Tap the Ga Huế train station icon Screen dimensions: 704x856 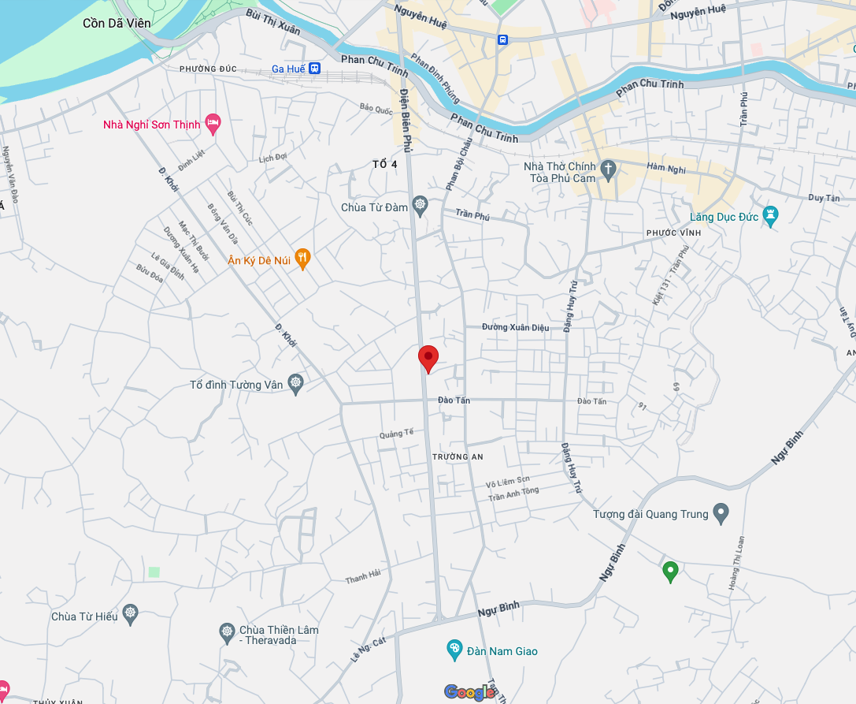[x=315, y=69]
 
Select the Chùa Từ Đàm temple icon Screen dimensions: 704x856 [x=421, y=207]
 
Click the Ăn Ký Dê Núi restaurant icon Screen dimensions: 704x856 [x=302, y=259]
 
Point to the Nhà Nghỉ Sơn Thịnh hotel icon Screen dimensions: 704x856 [x=212, y=123]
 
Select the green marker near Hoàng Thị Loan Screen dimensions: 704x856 [x=670, y=571]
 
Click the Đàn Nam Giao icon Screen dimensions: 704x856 [x=454, y=650]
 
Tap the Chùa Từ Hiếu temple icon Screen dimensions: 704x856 [x=130, y=615]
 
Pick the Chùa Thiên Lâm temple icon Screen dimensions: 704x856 [x=227, y=631]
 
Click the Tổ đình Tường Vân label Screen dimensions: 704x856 [x=236, y=386]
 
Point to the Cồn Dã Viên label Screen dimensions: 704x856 [x=117, y=23]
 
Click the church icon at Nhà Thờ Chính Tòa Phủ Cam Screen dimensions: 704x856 [x=607, y=169]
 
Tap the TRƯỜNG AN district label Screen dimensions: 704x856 [x=458, y=457]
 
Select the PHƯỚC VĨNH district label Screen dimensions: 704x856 [x=673, y=233]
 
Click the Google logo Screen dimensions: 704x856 [x=469, y=692]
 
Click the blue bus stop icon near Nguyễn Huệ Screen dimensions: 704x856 [x=502, y=39]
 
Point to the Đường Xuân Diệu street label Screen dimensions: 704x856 [x=516, y=326]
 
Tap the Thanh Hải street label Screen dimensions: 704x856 [x=362, y=578]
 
